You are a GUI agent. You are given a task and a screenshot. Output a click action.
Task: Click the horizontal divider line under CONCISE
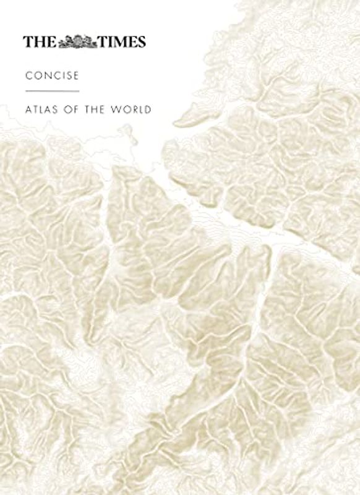click(x=52, y=92)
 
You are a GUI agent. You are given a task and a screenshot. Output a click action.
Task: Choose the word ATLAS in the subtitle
click(x=39, y=111)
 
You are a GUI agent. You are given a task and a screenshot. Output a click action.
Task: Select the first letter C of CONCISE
click(x=27, y=76)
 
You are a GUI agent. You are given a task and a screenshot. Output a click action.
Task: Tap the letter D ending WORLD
click(x=148, y=111)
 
